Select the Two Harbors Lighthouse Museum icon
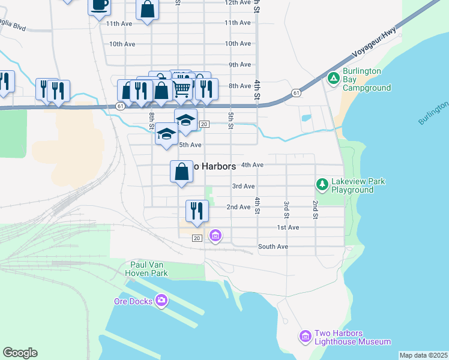tap(306, 337)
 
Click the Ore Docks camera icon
tap(161, 300)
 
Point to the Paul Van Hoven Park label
tap(149, 269)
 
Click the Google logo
tap(20, 353)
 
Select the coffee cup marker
tap(99, 6)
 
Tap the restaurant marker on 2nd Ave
tap(197, 211)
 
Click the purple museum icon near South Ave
tap(215, 236)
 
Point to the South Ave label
tap(273, 247)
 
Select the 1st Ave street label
tap(288, 227)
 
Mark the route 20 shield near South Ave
tap(196, 238)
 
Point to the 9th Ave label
tap(240, 65)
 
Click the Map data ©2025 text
tap(423, 355)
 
